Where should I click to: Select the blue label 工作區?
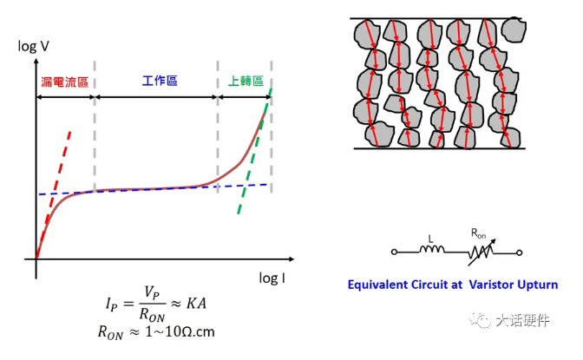point(160,81)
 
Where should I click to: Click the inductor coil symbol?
point(433,252)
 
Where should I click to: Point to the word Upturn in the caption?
point(535,284)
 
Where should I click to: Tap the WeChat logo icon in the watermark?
point(480,322)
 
